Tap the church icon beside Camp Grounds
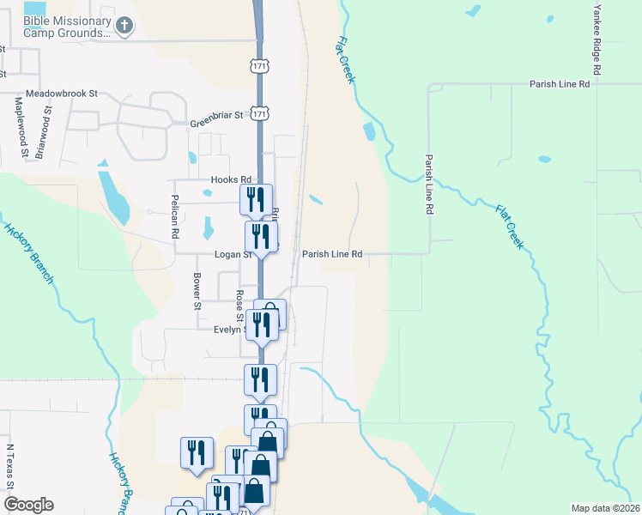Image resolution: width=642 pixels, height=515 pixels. tap(124, 26)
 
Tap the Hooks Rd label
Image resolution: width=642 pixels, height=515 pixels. tap(230, 179)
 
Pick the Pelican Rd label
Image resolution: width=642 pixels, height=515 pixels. tap(174, 221)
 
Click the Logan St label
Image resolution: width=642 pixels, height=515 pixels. tap(233, 254)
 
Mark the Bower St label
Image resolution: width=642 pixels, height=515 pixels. tap(197, 292)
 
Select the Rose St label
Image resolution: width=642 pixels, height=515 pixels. tap(239, 306)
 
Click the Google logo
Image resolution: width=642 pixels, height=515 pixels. tap(28, 505)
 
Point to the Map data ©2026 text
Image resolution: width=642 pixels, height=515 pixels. tap(604, 507)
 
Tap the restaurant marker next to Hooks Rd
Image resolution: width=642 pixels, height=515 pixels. tap(256, 200)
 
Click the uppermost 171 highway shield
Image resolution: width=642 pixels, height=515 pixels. tap(260, 66)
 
